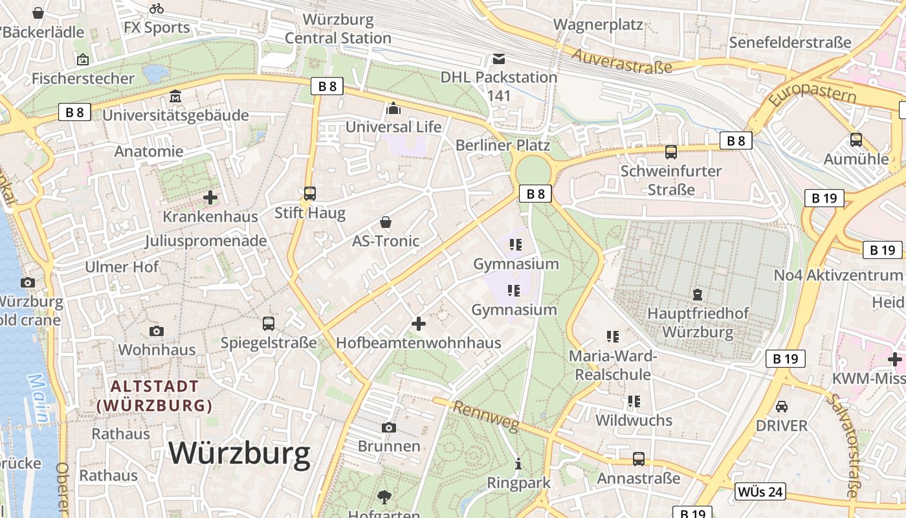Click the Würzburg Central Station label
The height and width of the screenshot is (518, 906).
click(x=338, y=29)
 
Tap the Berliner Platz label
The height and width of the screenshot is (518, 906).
click(x=503, y=145)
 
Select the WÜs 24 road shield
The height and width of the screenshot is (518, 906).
click(x=760, y=492)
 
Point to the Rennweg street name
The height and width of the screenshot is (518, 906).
click(x=485, y=416)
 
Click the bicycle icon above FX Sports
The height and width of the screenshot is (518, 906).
click(x=157, y=8)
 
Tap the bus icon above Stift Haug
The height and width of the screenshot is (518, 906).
click(x=310, y=194)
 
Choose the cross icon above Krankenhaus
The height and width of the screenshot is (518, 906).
click(x=210, y=197)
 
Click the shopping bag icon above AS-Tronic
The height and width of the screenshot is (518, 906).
click(x=386, y=223)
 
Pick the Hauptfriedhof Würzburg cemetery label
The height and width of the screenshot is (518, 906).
click(x=698, y=322)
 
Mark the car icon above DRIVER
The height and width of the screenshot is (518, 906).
click(x=782, y=407)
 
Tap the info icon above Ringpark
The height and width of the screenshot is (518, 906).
click(x=518, y=464)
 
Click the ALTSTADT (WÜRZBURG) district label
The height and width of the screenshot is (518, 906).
click(x=155, y=396)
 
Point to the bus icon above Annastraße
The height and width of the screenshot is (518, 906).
click(x=639, y=459)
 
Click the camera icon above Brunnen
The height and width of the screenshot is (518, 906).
click(x=389, y=427)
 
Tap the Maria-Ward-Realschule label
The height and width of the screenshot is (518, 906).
click(x=613, y=365)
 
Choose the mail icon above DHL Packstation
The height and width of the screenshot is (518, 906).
click(x=498, y=59)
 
